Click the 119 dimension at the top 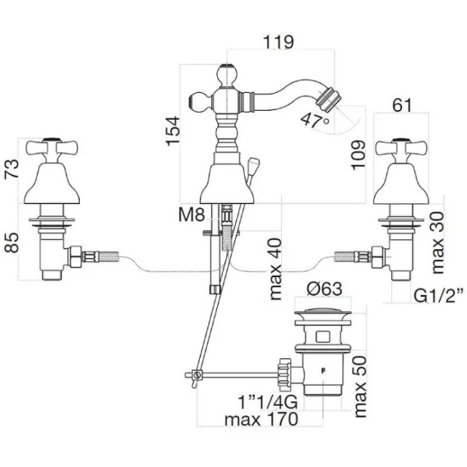point(279,42)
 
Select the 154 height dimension point(173,131)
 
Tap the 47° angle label point(315,120)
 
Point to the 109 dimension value point(358,155)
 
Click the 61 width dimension point(402,105)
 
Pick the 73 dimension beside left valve point(12,169)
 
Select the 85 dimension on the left point(12,243)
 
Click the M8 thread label point(192,215)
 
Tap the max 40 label point(275,269)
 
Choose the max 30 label point(437,243)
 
